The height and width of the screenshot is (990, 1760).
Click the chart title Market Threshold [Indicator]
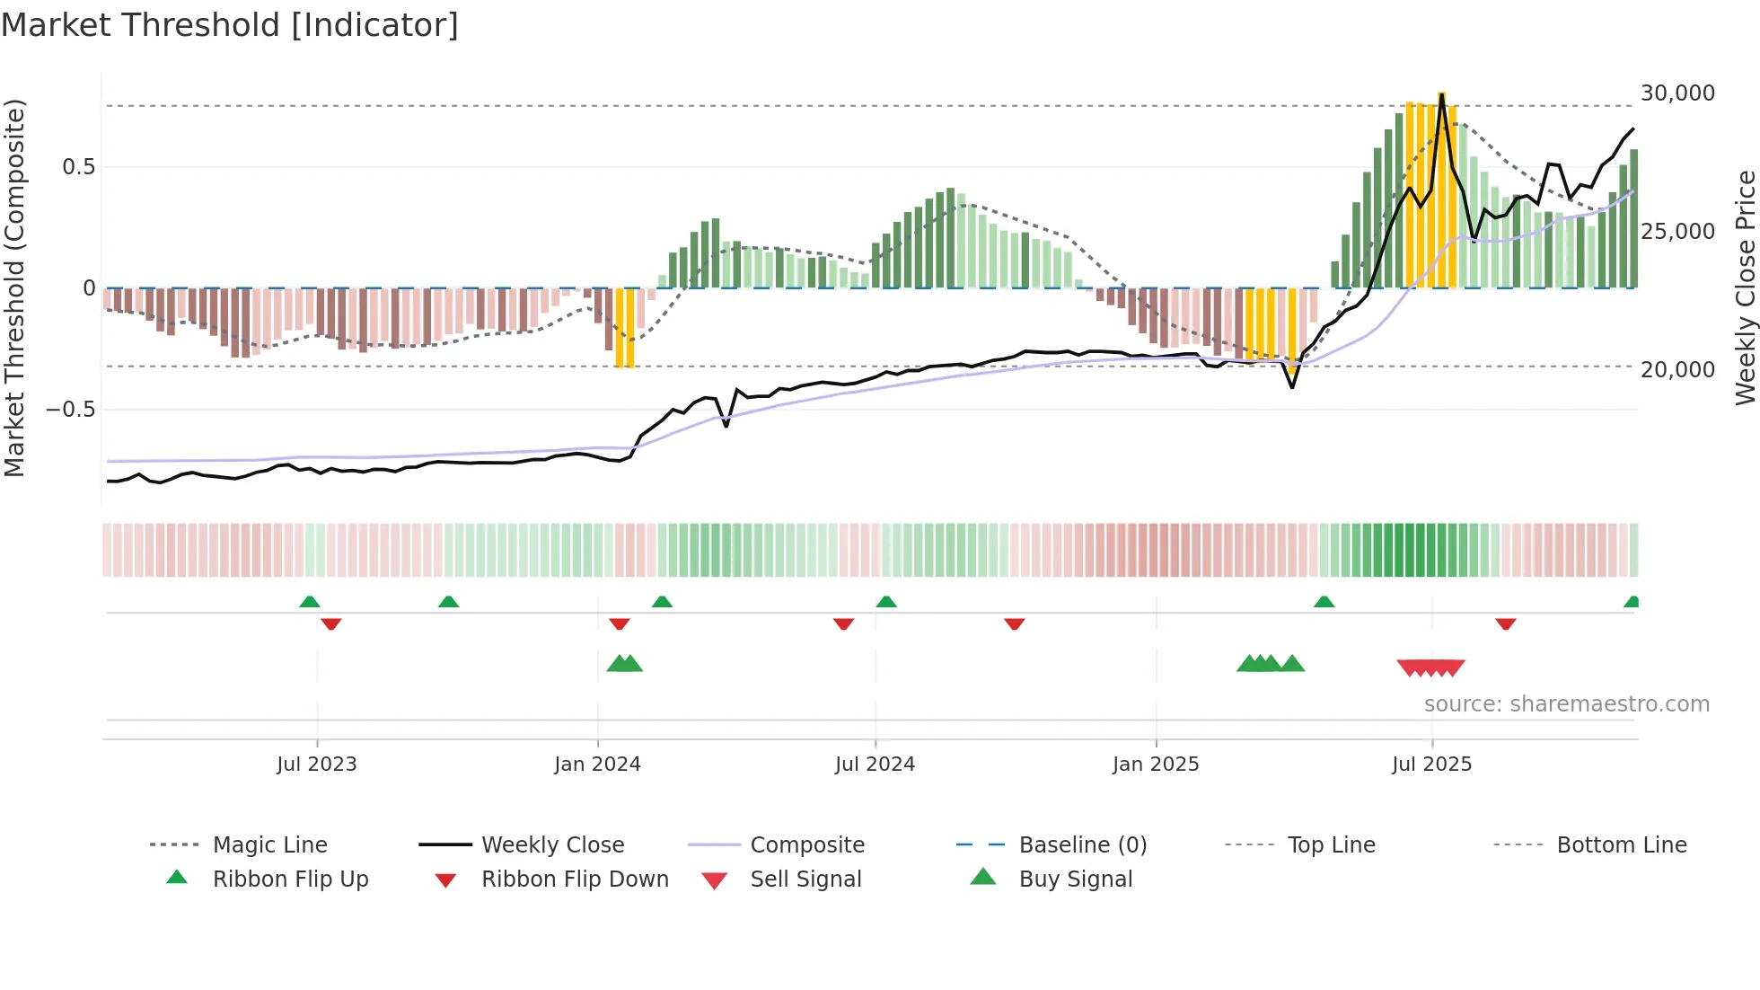pos(230,25)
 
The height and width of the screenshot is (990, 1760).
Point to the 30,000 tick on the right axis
pos(1677,93)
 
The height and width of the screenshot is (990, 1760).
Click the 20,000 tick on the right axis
pos(1677,370)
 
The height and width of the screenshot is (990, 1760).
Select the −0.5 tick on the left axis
pos(70,410)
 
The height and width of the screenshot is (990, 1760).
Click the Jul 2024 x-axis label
pos(875,765)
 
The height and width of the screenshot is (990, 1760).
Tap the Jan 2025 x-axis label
pos(1156,765)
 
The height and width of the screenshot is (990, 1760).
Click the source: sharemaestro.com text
pos(1566,704)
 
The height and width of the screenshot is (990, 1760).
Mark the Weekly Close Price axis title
pos(1745,287)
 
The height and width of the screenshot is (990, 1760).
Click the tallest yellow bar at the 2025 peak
pos(1441,189)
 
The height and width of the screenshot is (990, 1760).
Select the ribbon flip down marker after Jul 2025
pos(1506,623)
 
